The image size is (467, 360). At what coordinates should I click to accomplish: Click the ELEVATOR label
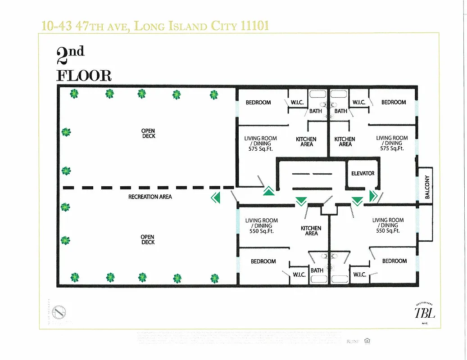[363, 173]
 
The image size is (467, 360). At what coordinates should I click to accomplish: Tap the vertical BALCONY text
[427, 187]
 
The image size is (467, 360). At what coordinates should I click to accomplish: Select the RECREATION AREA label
[150, 197]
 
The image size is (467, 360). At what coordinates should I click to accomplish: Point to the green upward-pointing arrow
[268, 192]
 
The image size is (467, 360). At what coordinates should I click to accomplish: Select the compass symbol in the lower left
[59, 311]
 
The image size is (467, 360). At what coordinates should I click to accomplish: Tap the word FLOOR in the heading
[84, 76]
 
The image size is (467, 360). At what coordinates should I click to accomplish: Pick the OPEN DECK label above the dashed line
[148, 134]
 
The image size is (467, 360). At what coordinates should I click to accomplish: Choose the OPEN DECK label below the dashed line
[147, 239]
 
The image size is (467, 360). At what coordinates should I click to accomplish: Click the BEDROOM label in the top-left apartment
[258, 103]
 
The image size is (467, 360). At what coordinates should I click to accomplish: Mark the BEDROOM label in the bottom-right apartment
[394, 261]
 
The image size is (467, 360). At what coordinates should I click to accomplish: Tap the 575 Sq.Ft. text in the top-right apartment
[392, 148]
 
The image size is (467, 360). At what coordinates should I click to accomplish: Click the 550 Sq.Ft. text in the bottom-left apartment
[261, 231]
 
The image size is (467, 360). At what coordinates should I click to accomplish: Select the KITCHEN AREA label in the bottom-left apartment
[311, 231]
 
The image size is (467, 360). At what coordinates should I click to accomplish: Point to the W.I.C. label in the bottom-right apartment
[359, 274]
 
